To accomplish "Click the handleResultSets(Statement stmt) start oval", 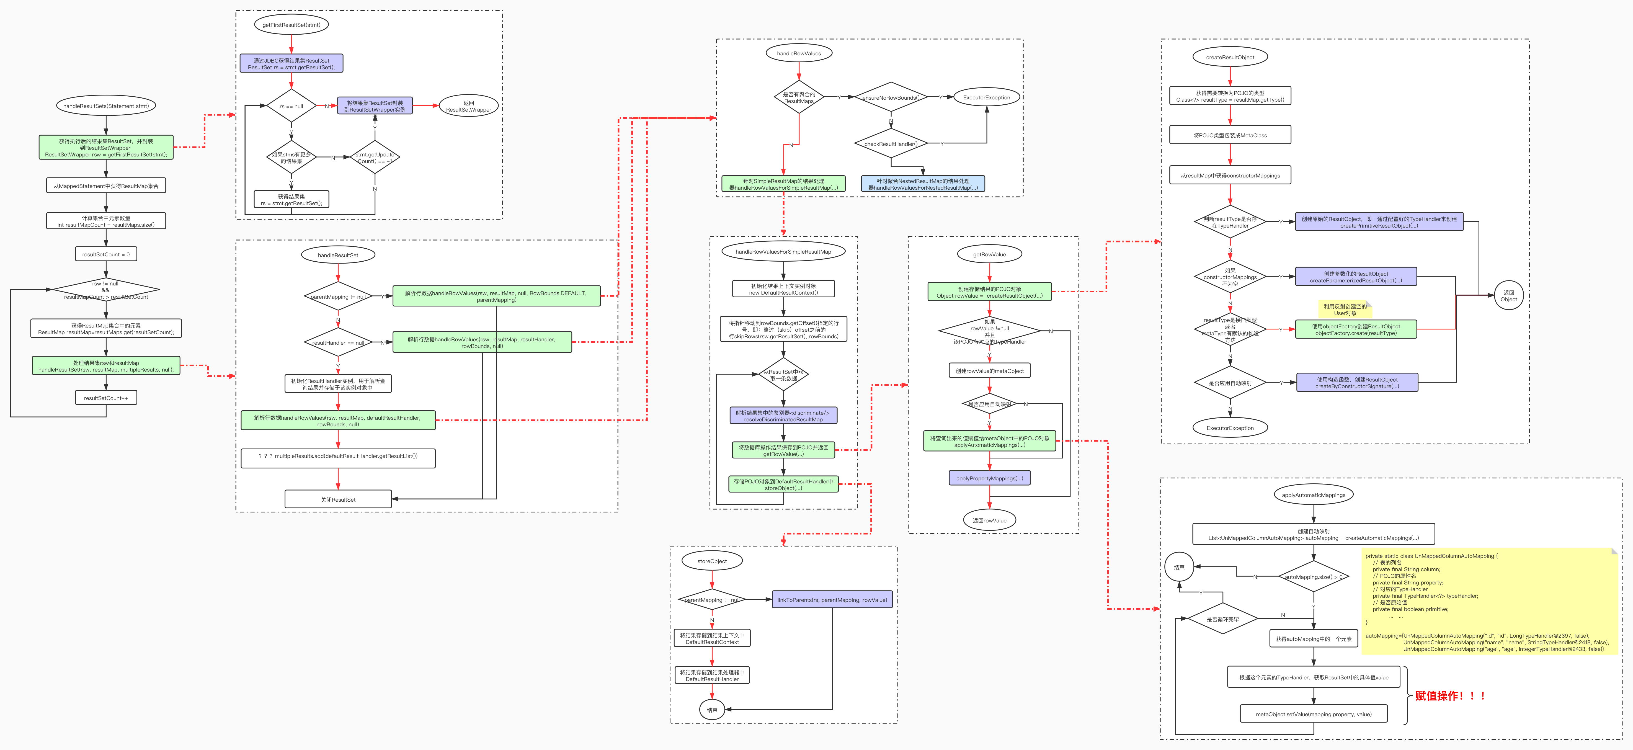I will point(106,106).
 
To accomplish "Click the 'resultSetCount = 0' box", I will point(106,254).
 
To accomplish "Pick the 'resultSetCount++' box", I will point(106,398).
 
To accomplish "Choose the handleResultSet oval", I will point(338,255).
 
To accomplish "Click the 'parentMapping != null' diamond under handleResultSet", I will point(338,297).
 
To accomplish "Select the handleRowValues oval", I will point(799,53).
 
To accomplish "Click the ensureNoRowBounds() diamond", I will point(891,98).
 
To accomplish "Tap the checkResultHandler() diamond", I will point(891,144).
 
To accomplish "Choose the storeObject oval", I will point(712,561).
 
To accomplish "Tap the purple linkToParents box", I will point(832,600).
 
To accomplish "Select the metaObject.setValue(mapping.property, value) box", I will point(1314,714).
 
